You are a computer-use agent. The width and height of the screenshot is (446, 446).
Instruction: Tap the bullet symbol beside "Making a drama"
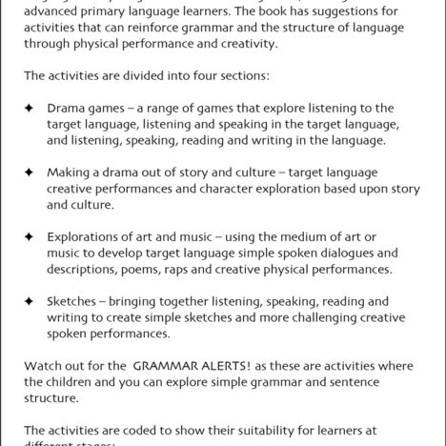pos(29,172)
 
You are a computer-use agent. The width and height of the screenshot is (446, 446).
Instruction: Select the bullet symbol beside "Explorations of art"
pos(29,235)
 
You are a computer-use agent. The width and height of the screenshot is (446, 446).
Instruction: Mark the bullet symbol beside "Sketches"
pos(29,300)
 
